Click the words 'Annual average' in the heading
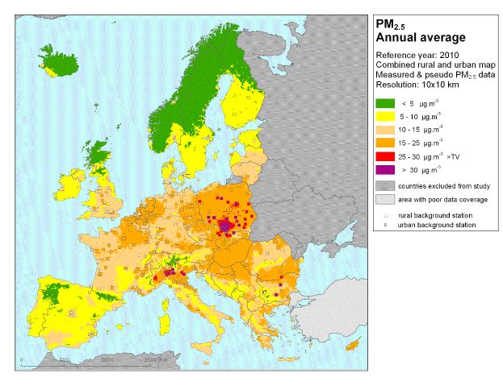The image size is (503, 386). pos(420,37)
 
